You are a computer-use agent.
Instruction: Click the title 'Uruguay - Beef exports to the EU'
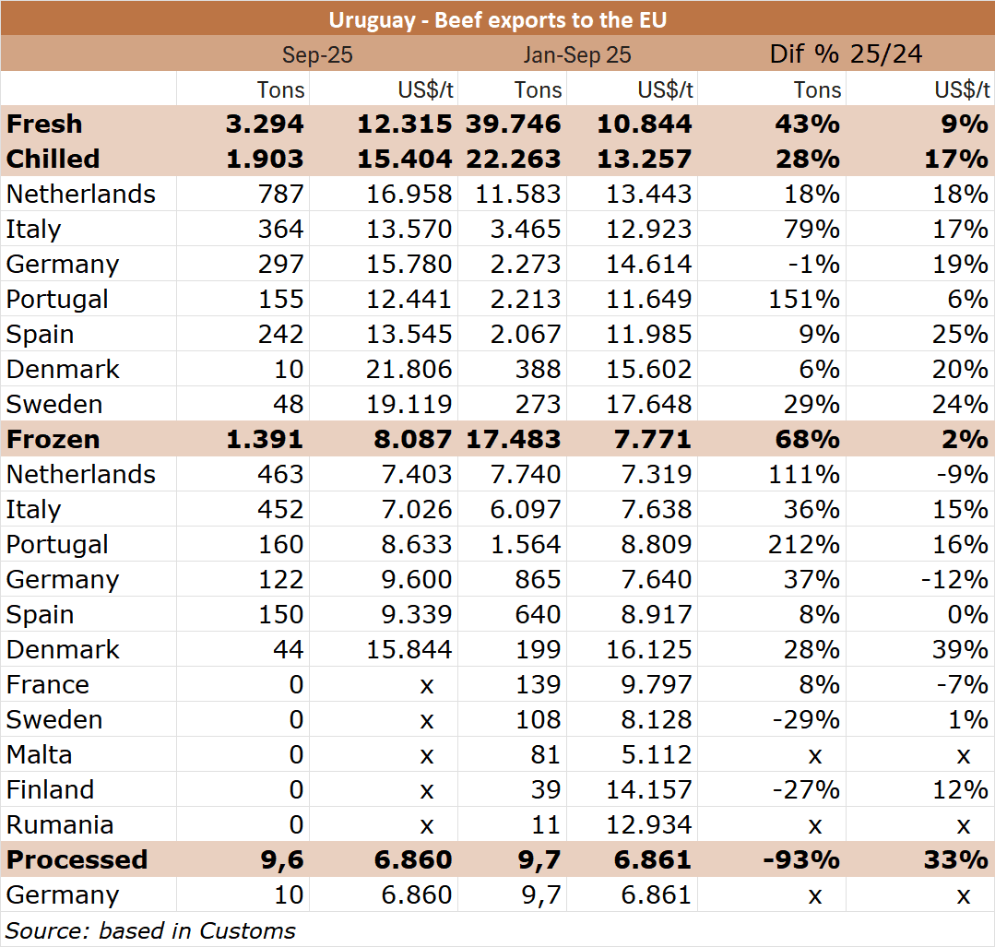[x=498, y=20]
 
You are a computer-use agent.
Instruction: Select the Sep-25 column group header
[x=317, y=54]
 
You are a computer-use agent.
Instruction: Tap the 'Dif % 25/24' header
[x=846, y=54]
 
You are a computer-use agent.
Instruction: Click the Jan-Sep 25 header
[x=577, y=54]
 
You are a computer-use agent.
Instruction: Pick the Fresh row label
[x=44, y=124]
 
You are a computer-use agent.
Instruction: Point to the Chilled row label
[x=53, y=159]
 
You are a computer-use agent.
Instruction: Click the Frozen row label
[x=53, y=439]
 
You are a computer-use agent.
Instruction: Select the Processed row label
[x=77, y=859]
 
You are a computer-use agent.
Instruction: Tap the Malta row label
[x=40, y=754]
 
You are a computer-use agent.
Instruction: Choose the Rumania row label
[x=60, y=824]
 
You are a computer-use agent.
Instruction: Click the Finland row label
[x=50, y=789]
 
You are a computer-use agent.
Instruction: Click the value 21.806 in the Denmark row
[x=409, y=370]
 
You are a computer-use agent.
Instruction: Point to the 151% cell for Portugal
[x=804, y=299]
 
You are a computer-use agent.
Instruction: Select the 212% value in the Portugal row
[x=804, y=545]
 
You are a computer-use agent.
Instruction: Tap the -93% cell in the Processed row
[x=802, y=859]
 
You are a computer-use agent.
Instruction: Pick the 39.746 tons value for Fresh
[x=514, y=124]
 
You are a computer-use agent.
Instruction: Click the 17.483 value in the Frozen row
[x=514, y=439]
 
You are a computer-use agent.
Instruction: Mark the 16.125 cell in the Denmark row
[x=648, y=649]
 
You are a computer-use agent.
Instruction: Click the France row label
[x=48, y=685]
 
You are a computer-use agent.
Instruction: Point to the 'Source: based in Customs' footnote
[x=150, y=930]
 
